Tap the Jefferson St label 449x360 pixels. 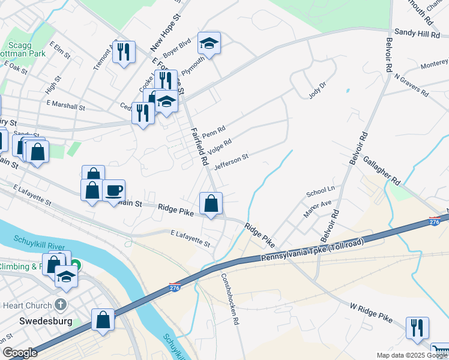point(231,161)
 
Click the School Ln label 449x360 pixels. point(320,192)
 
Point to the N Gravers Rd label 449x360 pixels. point(411,86)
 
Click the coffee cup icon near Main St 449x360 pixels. point(113,191)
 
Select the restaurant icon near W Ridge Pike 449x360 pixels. point(417,328)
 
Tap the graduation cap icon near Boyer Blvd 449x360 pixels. point(209,43)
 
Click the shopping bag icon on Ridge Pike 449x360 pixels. point(211,203)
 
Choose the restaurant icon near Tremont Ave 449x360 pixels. point(124,52)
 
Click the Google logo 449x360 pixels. point(20,353)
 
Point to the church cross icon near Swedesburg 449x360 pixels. point(60,304)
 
